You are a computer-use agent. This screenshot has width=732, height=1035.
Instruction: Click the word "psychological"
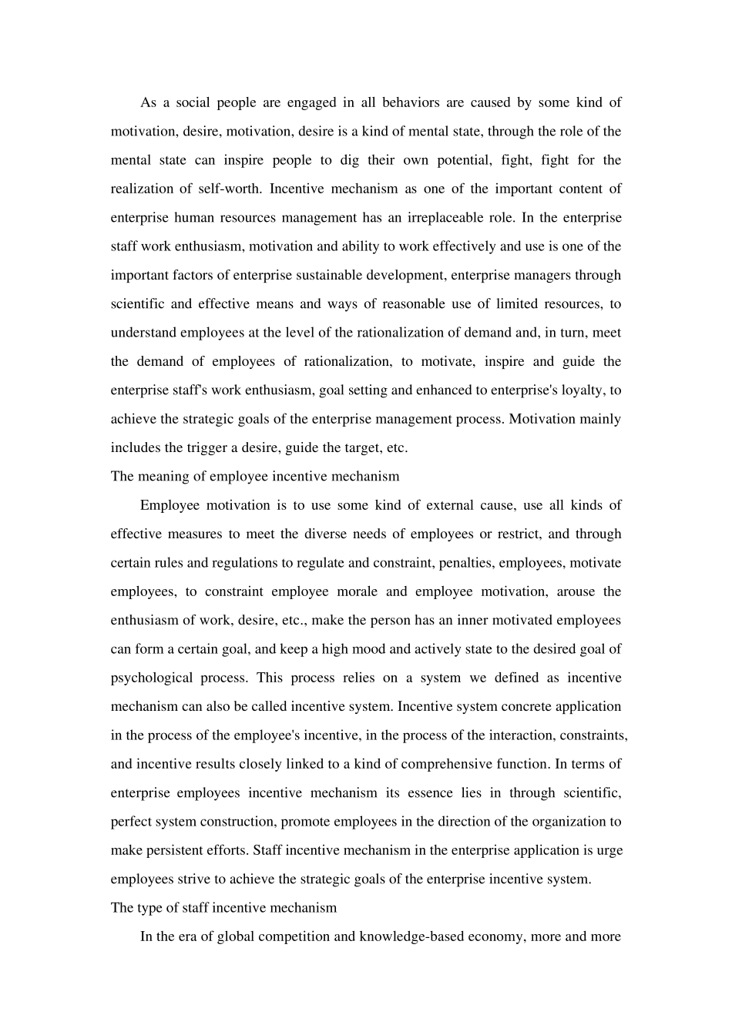pyautogui.click(x=152, y=678)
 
